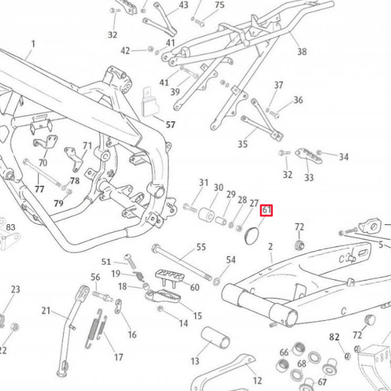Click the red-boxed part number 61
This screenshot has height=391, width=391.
267,211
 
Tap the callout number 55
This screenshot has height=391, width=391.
201,247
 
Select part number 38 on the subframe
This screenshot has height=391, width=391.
302,52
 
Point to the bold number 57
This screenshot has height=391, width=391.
170,125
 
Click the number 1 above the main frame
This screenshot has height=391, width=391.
33,44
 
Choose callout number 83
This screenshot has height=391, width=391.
10,227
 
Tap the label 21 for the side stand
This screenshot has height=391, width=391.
46,310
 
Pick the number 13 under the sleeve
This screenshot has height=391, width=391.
195,362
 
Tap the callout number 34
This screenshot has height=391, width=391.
343,158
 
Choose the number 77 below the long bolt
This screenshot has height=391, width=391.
39,189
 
